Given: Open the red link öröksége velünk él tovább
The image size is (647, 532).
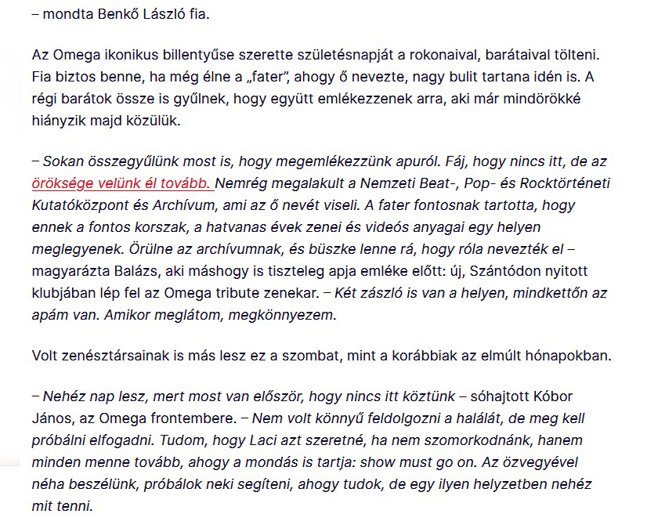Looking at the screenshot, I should point(122,184).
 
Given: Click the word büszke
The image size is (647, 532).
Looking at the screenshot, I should point(386,250).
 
